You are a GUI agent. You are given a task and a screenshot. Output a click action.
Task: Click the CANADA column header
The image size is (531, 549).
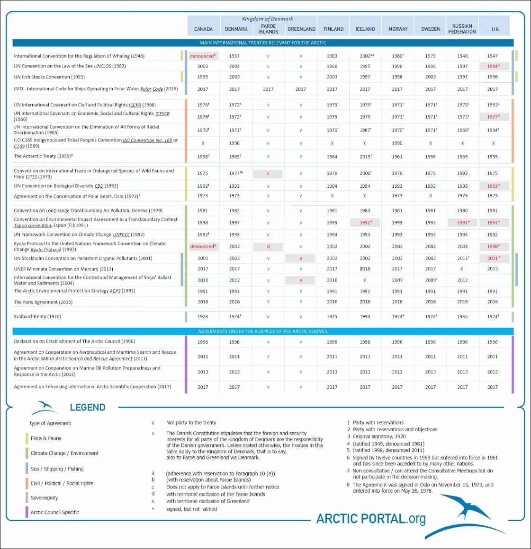[203, 29]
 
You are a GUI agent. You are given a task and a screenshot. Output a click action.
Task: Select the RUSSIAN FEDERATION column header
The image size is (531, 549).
[462, 29]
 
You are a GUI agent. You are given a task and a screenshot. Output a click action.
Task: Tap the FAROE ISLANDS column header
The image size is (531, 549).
[268, 29]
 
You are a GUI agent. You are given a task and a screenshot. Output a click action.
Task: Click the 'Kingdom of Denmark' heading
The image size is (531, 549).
[268, 19]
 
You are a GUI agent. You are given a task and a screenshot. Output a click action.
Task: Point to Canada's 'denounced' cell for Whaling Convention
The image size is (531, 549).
[203, 56]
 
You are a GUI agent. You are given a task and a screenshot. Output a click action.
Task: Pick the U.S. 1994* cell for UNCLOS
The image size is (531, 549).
[493, 66]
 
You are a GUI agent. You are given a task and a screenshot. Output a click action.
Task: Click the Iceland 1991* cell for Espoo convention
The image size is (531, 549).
[365, 222]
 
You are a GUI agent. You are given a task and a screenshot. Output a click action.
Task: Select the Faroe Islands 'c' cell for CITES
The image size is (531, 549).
[268, 174]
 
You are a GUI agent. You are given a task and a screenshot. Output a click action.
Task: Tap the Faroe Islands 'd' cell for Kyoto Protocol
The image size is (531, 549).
[268, 246]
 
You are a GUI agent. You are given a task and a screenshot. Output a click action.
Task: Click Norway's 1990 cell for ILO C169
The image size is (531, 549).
[397, 143]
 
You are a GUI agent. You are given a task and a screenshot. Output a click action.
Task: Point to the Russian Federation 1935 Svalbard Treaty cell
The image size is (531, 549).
[462, 317]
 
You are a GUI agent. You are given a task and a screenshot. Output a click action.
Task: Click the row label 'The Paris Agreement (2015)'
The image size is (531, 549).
[43, 302]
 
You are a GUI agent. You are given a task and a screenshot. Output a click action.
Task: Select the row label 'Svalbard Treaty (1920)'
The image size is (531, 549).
[37, 317]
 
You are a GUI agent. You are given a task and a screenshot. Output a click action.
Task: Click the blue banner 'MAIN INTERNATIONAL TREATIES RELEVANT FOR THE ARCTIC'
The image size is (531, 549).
[263, 43]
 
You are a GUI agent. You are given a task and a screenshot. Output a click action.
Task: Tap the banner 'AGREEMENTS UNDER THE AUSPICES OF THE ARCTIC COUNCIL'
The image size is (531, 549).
[263, 331]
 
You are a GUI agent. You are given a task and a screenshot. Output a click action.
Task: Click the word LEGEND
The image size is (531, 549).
[88, 407]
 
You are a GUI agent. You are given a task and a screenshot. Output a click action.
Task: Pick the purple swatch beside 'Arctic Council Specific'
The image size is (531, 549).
[27, 512]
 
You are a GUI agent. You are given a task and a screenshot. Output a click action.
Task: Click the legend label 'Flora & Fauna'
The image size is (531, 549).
[46, 438]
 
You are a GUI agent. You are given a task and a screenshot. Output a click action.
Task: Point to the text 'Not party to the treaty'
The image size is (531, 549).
[191, 423]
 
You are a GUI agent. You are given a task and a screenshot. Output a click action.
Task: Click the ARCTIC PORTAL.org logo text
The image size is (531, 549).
[371, 519]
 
